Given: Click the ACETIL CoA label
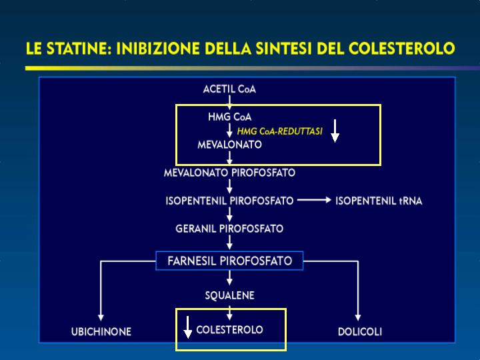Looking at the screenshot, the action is [229, 89].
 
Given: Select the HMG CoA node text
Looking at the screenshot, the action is [229, 117].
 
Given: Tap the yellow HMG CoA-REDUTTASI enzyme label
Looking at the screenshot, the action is [280, 131].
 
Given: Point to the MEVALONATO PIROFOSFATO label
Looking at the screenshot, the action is [229, 173].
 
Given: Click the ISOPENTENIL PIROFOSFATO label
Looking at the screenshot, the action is [229, 201].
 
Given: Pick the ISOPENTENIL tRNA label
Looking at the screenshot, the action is [379, 201].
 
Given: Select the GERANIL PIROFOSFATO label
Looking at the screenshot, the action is [229, 229].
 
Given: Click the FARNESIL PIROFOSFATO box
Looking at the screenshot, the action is [229, 261].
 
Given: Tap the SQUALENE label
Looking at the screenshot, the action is [229, 295].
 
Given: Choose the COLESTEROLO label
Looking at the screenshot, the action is [229, 330].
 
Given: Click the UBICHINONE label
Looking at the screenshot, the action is [101, 332].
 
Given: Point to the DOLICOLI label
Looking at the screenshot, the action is [360, 332].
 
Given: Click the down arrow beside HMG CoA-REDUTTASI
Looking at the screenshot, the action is [335, 131].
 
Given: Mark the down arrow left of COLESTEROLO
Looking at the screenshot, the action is [187, 327].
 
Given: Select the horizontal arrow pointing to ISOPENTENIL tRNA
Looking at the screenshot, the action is [315, 200].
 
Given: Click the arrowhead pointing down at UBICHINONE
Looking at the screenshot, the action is [101, 317].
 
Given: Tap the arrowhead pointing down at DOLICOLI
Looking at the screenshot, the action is [358, 317].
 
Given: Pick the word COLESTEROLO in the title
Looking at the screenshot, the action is [401, 49].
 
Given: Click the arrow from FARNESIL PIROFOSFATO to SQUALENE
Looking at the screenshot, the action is [229, 278].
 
